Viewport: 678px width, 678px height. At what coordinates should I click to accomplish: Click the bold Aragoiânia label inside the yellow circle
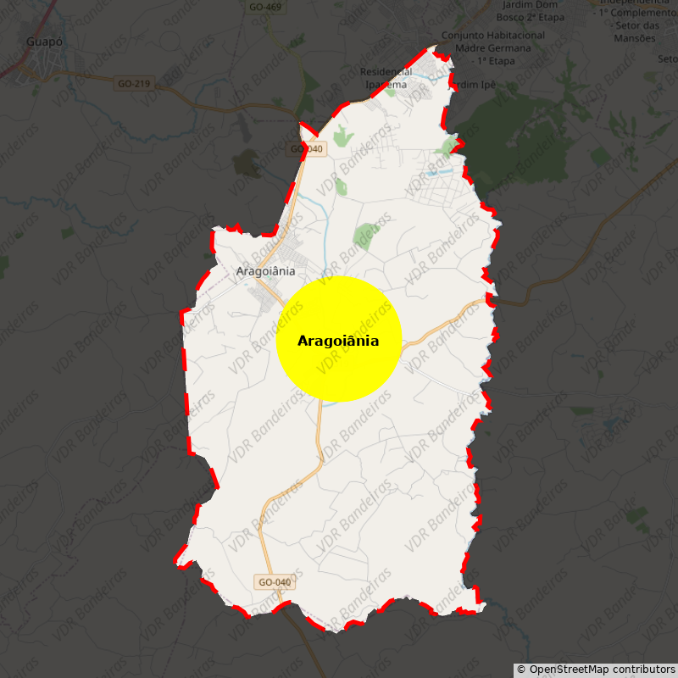[x=338, y=342]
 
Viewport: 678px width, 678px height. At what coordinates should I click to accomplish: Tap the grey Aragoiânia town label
[x=265, y=271]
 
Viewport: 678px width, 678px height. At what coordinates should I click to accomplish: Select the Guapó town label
[x=44, y=41]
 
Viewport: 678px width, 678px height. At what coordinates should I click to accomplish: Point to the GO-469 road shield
[x=265, y=8]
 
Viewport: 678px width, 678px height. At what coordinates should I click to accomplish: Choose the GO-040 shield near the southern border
[x=275, y=582]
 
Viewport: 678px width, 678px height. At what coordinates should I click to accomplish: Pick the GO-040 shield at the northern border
[x=307, y=149]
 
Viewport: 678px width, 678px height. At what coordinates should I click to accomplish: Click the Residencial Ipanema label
[x=386, y=78]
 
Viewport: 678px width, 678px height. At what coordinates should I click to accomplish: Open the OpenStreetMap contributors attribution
[x=596, y=670]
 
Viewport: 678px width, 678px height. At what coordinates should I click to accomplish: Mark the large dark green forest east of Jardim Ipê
[x=517, y=144]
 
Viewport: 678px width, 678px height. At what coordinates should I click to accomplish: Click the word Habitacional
[x=516, y=36]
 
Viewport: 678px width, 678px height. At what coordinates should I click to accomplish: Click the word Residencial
[x=386, y=72]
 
